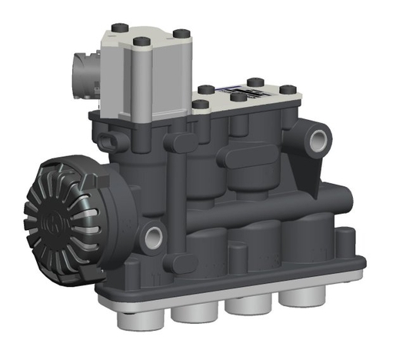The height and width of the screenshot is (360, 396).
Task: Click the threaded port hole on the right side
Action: pyautogui.click(x=318, y=141)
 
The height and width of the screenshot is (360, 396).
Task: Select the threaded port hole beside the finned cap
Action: pyautogui.click(x=153, y=233)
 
